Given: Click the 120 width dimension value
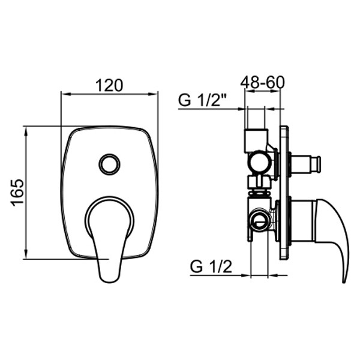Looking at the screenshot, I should (109, 85).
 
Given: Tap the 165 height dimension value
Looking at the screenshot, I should (17, 192).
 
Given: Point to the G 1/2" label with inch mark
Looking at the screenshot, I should (202, 100).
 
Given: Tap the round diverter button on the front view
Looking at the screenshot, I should (109, 163).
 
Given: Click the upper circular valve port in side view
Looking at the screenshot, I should (260, 161).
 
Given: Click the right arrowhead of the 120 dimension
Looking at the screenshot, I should (154, 94).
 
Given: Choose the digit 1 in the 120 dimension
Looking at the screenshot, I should (100, 85).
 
